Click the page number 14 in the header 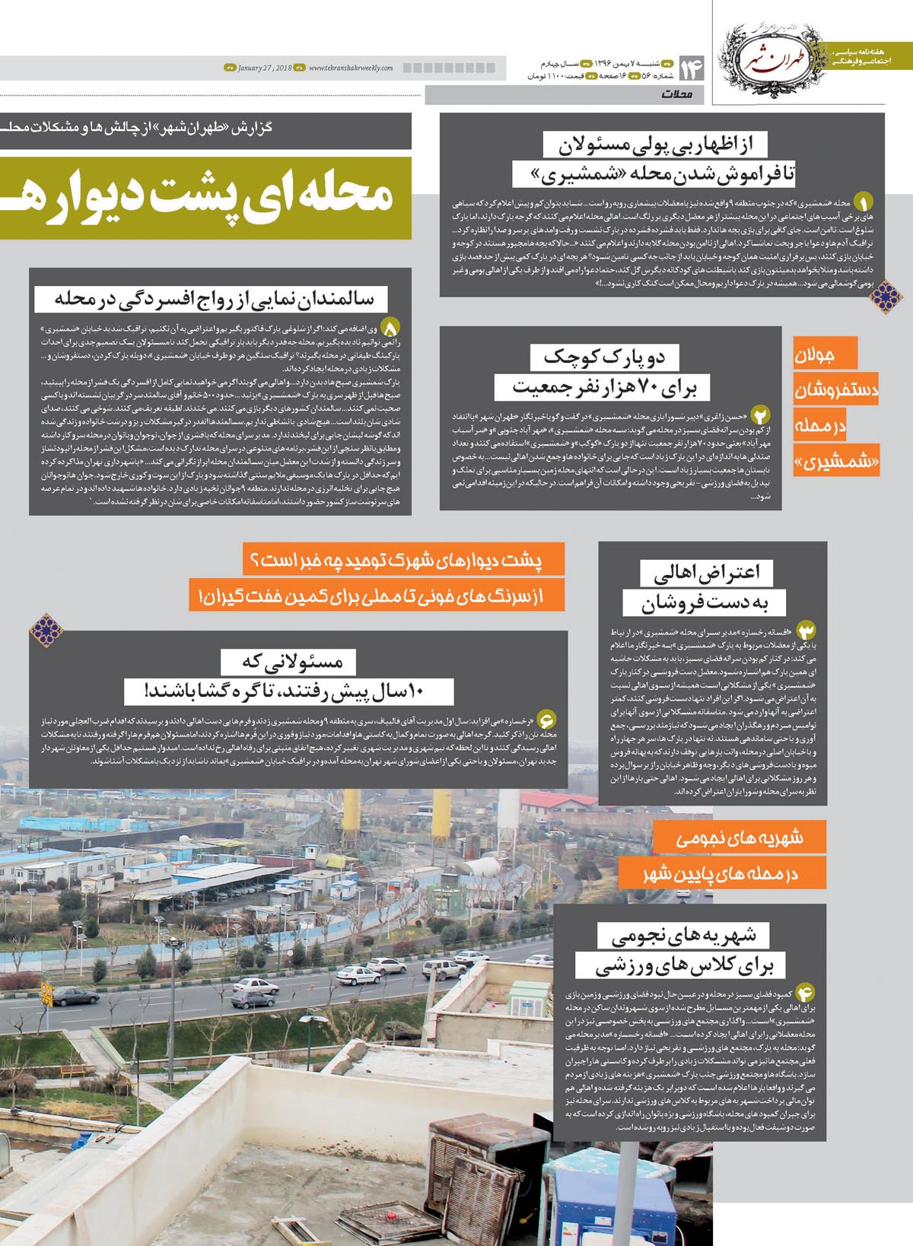click(x=692, y=68)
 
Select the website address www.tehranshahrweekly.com click(x=351, y=68)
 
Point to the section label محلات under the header click(x=676, y=94)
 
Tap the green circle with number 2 click(x=760, y=415)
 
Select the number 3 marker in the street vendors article click(x=806, y=631)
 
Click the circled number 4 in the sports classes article click(x=805, y=992)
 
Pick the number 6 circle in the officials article click(x=546, y=719)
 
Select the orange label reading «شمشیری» click(x=835, y=461)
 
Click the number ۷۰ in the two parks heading click(x=646, y=389)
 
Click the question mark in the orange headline click(x=254, y=560)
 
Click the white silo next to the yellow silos click(x=481, y=867)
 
